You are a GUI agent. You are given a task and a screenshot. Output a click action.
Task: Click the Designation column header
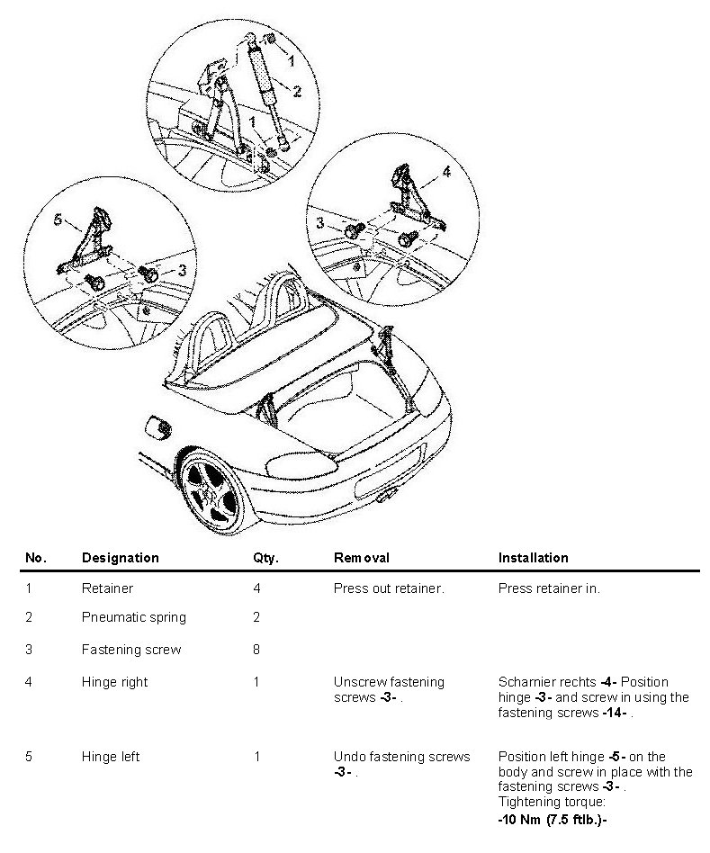[120, 558]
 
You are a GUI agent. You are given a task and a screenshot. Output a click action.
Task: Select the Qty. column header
[265, 558]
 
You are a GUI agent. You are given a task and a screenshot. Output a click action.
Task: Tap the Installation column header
[533, 558]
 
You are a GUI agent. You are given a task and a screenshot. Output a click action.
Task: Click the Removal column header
[361, 558]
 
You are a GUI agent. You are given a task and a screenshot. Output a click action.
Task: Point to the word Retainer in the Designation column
[107, 588]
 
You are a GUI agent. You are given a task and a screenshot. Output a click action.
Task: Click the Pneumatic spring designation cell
[133, 617]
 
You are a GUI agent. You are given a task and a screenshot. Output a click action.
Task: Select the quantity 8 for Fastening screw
[256, 650]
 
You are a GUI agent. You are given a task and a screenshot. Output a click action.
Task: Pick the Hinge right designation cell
[114, 682]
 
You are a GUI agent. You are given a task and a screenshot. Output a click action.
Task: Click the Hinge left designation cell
[111, 757]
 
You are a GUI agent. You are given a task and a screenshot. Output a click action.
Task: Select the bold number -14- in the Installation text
[617, 713]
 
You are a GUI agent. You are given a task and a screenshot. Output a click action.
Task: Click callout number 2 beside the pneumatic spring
[297, 90]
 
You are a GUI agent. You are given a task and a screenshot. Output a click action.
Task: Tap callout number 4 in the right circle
[445, 171]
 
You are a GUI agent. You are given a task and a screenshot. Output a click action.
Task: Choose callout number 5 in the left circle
[58, 219]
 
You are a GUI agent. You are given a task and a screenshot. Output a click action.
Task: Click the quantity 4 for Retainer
[256, 588]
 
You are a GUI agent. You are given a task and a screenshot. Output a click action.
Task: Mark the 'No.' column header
[35, 558]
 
